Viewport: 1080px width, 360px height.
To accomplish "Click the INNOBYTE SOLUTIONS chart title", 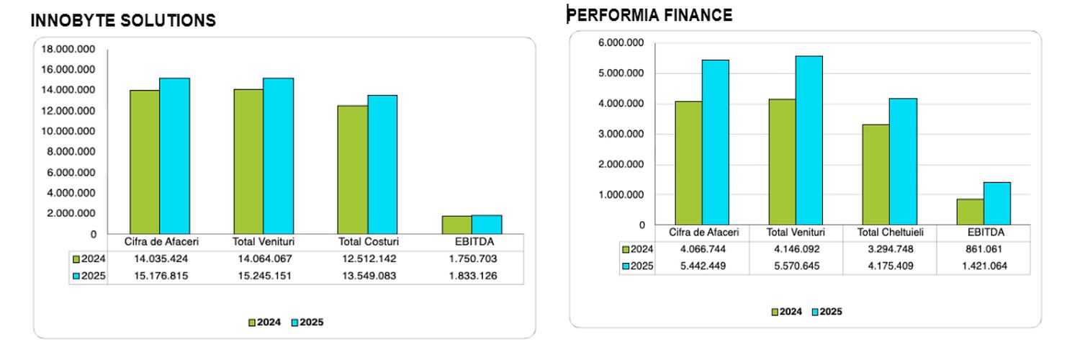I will pos(123,21).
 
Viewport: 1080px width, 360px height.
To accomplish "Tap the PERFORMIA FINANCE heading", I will pos(651,14).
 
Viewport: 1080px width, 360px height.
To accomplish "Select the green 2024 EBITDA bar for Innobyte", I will pos(457,225).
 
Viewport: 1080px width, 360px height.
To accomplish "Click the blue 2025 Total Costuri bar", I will pos(382,164).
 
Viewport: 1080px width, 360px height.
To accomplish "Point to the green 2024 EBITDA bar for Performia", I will pos(970,212).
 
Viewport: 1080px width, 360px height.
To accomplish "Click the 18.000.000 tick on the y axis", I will pos(68,49).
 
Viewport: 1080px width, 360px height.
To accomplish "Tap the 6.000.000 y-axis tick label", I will pos(621,43).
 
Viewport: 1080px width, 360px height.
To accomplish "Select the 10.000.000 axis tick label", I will pos(68,131).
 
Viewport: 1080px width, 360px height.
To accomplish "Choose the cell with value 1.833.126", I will pos(472,276).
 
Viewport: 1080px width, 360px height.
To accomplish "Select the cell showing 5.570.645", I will pos(796,266).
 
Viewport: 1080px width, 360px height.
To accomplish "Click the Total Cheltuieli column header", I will pos(889,233).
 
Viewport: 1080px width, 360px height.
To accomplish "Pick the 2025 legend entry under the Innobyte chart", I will pos(307,323).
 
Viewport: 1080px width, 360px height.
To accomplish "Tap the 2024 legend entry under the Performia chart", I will pos(787,312).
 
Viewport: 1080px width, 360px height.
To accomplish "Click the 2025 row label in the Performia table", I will pos(639,266).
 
